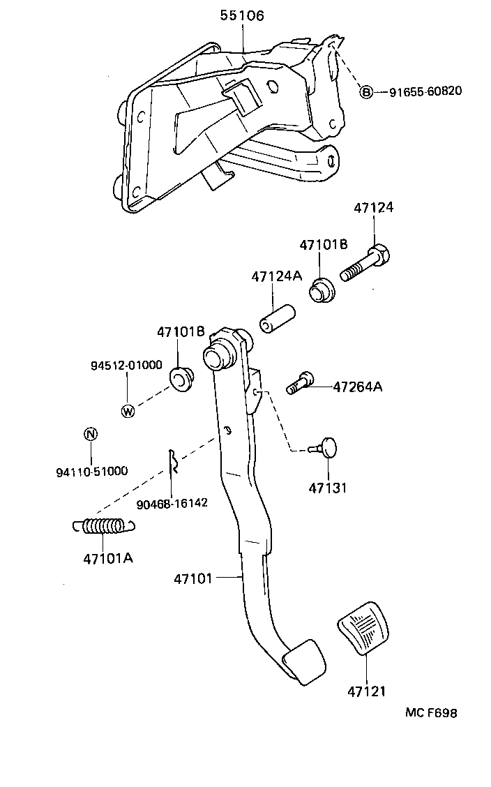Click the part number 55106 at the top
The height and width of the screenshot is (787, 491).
242,15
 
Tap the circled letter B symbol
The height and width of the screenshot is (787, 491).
366,91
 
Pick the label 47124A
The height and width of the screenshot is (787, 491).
277,276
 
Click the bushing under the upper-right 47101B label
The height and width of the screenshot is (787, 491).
322,290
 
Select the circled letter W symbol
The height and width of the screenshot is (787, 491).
128,411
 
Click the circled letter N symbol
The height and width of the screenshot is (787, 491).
90,434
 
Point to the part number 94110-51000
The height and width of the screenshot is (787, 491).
91,471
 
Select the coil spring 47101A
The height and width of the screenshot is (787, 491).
102,526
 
